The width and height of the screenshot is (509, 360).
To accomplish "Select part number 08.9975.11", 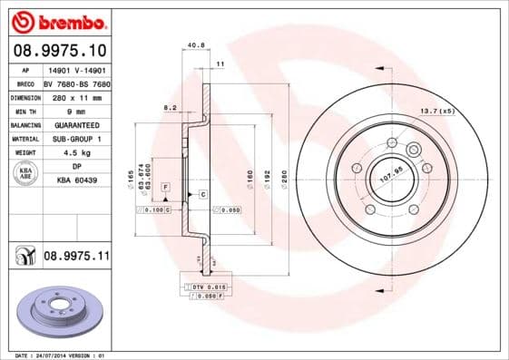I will [x=76, y=258].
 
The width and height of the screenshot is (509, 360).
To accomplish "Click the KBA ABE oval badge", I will [x=24, y=173].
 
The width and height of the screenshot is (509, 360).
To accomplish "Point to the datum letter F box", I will [x=166, y=186].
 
